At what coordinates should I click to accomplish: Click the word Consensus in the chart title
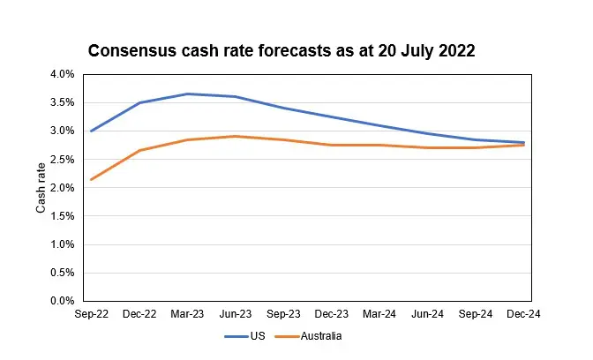(x=132, y=50)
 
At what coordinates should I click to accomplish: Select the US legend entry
(x=244, y=336)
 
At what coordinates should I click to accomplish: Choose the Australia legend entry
(x=308, y=336)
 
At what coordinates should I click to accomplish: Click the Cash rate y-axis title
(x=41, y=188)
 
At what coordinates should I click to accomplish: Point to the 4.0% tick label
(x=63, y=74)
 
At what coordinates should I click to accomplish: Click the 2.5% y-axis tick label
(x=63, y=159)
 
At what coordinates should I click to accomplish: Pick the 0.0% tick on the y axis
(x=63, y=301)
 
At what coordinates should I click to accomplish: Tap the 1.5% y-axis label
(x=63, y=216)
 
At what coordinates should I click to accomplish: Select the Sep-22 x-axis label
(x=92, y=314)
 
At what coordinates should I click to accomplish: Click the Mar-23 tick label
(x=187, y=314)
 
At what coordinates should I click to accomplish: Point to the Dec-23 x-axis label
(x=331, y=314)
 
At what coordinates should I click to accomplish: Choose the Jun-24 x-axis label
(x=427, y=314)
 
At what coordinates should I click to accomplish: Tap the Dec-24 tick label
(x=523, y=314)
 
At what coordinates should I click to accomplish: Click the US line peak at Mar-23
(x=188, y=94)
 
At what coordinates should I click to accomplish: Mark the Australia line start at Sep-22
(x=92, y=180)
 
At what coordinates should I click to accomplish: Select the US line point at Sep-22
(x=92, y=131)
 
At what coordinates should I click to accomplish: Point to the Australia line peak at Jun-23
(x=236, y=136)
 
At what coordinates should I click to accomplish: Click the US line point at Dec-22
(x=139, y=102)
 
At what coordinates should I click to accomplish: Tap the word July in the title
(x=417, y=51)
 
